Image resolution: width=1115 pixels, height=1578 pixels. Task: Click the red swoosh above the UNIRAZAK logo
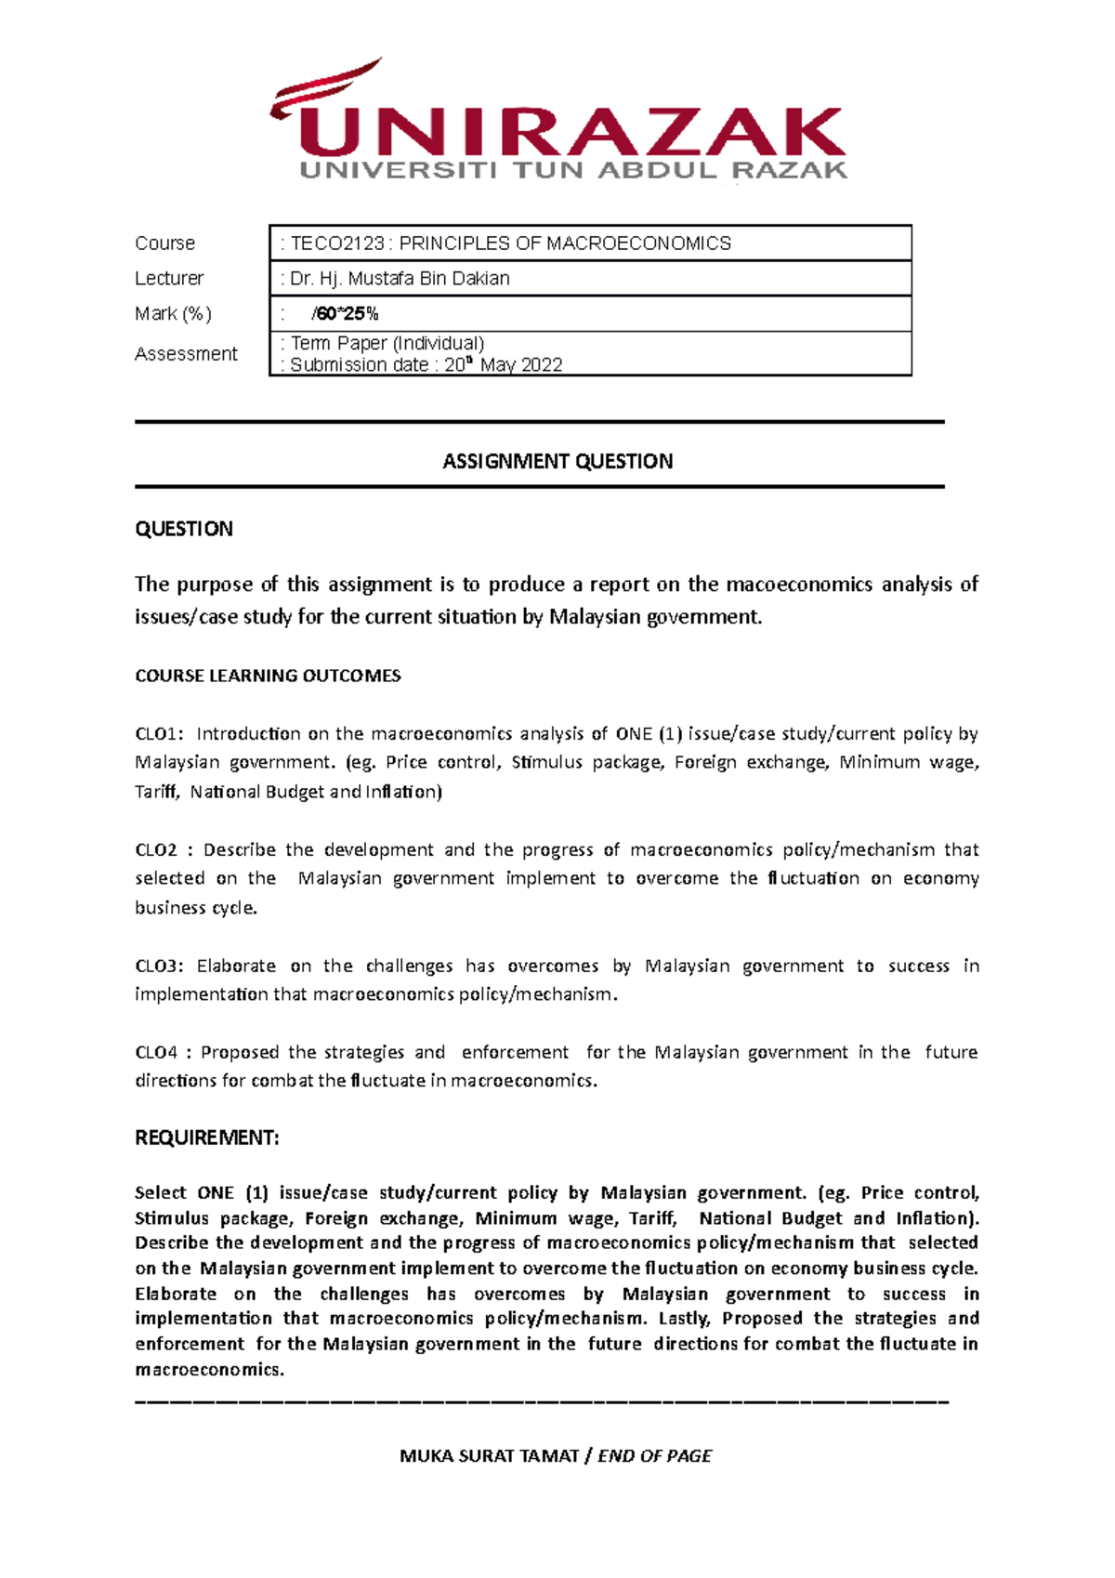(x=325, y=89)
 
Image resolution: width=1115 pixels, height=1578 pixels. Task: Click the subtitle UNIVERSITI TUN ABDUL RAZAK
(x=573, y=171)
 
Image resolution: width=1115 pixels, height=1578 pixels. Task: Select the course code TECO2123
(x=337, y=243)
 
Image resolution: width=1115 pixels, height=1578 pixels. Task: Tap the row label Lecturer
(x=169, y=279)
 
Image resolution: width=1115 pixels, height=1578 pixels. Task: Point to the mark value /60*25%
(x=345, y=314)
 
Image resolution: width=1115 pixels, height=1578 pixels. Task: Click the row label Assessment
(x=186, y=354)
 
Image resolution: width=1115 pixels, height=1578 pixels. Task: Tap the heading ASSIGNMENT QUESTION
(x=557, y=462)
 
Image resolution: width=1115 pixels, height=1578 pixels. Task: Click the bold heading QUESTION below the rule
(x=184, y=530)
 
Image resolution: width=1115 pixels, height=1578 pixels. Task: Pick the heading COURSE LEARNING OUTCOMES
(x=268, y=677)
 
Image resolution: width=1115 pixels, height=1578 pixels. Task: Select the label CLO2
(x=156, y=850)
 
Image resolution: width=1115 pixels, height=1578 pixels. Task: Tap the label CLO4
(x=156, y=1053)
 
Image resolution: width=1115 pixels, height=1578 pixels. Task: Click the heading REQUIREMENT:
(x=207, y=1138)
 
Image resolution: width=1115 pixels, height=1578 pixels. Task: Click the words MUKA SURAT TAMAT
(x=489, y=1456)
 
